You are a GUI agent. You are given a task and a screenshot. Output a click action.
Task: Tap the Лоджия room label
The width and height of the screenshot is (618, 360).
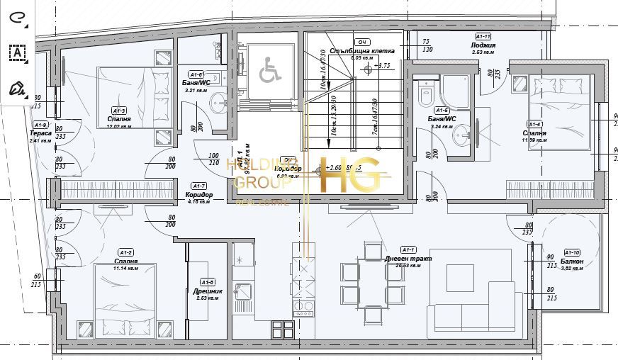coord(483,45)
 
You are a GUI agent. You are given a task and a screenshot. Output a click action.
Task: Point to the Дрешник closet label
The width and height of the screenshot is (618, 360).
coord(206,291)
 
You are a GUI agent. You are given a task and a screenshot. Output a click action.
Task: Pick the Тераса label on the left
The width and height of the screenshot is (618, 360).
coord(40,133)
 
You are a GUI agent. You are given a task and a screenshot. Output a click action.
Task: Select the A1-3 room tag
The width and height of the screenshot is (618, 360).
coord(118,111)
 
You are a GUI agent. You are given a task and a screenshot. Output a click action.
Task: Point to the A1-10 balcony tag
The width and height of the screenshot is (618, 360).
coord(571,252)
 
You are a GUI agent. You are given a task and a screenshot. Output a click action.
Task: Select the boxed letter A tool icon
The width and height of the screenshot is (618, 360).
coord(16,52)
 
